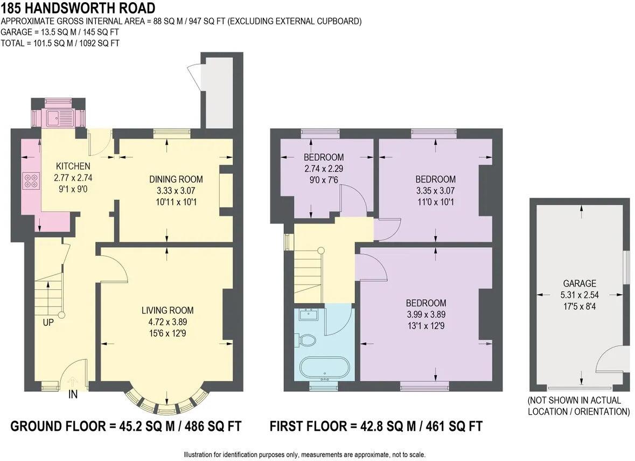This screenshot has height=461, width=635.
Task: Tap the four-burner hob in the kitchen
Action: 31,181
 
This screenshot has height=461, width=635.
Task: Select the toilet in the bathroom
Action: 308,340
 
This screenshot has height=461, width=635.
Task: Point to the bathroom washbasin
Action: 310,313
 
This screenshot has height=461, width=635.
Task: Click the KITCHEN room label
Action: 73,166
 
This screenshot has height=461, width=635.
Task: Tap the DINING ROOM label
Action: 176,179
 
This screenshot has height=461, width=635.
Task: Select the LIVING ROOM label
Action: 167,310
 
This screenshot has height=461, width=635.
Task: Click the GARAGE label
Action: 580,283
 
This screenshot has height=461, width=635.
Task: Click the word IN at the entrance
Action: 73,395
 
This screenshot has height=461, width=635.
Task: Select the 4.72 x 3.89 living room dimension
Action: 167,322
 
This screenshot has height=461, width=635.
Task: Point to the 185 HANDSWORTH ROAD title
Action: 78,8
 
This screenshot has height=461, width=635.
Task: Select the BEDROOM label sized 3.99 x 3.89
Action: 426,303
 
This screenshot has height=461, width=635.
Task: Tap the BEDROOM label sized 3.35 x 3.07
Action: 435,179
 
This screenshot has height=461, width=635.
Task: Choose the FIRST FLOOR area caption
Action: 376,427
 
